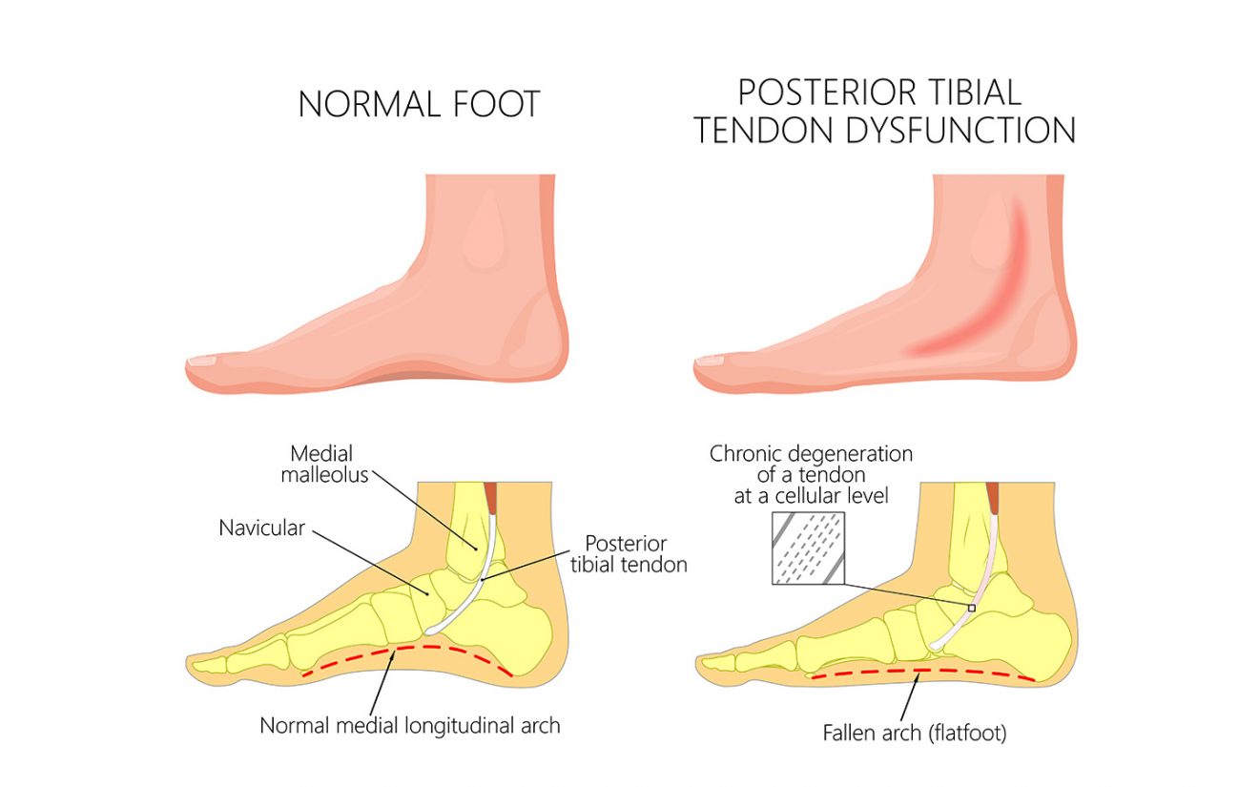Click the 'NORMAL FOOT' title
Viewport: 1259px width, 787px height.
(419, 103)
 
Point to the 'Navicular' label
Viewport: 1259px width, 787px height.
(261, 528)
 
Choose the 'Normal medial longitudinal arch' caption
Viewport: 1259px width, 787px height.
(410, 726)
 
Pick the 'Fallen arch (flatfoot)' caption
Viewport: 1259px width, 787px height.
(901, 734)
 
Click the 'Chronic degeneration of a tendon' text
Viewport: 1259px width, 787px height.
(811, 466)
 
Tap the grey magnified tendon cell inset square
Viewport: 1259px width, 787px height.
(807, 549)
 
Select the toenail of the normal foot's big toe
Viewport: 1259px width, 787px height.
(203, 362)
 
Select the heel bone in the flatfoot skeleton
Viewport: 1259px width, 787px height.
(1025, 641)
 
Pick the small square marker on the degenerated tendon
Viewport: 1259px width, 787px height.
(972, 607)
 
